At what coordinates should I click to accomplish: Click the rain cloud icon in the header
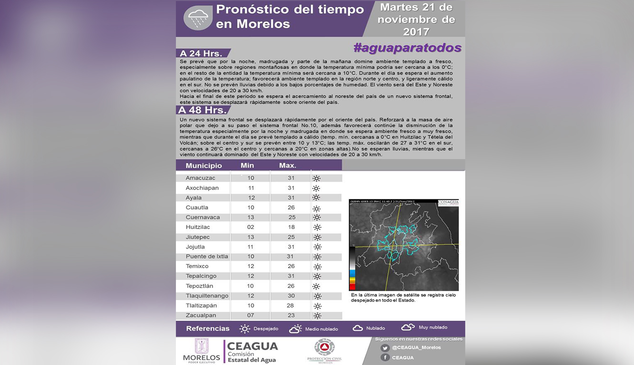tap(198, 19)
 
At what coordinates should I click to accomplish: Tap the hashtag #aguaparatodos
tap(407, 48)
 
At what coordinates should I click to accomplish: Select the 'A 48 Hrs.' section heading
tap(203, 110)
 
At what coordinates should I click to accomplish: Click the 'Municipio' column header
tap(204, 166)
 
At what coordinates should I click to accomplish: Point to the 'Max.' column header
tap(287, 166)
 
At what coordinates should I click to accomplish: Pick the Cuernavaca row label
tap(203, 217)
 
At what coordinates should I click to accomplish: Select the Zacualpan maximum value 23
tap(291, 315)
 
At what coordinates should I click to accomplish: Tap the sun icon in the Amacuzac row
tap(316, 178)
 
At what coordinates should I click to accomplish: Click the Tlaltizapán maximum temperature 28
tap(291, 305)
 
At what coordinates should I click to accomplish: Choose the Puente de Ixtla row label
tap(207, 256)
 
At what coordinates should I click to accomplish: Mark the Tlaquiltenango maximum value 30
tap(291, 296)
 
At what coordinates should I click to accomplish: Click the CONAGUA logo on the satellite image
tap(448, 202)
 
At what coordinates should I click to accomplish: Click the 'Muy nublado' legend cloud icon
tap(408, 327)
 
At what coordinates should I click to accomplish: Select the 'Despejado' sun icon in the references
tap(245, 329)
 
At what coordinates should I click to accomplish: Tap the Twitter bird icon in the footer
tap(385, 348)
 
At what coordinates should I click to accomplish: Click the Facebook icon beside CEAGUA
tap(385, 357)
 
